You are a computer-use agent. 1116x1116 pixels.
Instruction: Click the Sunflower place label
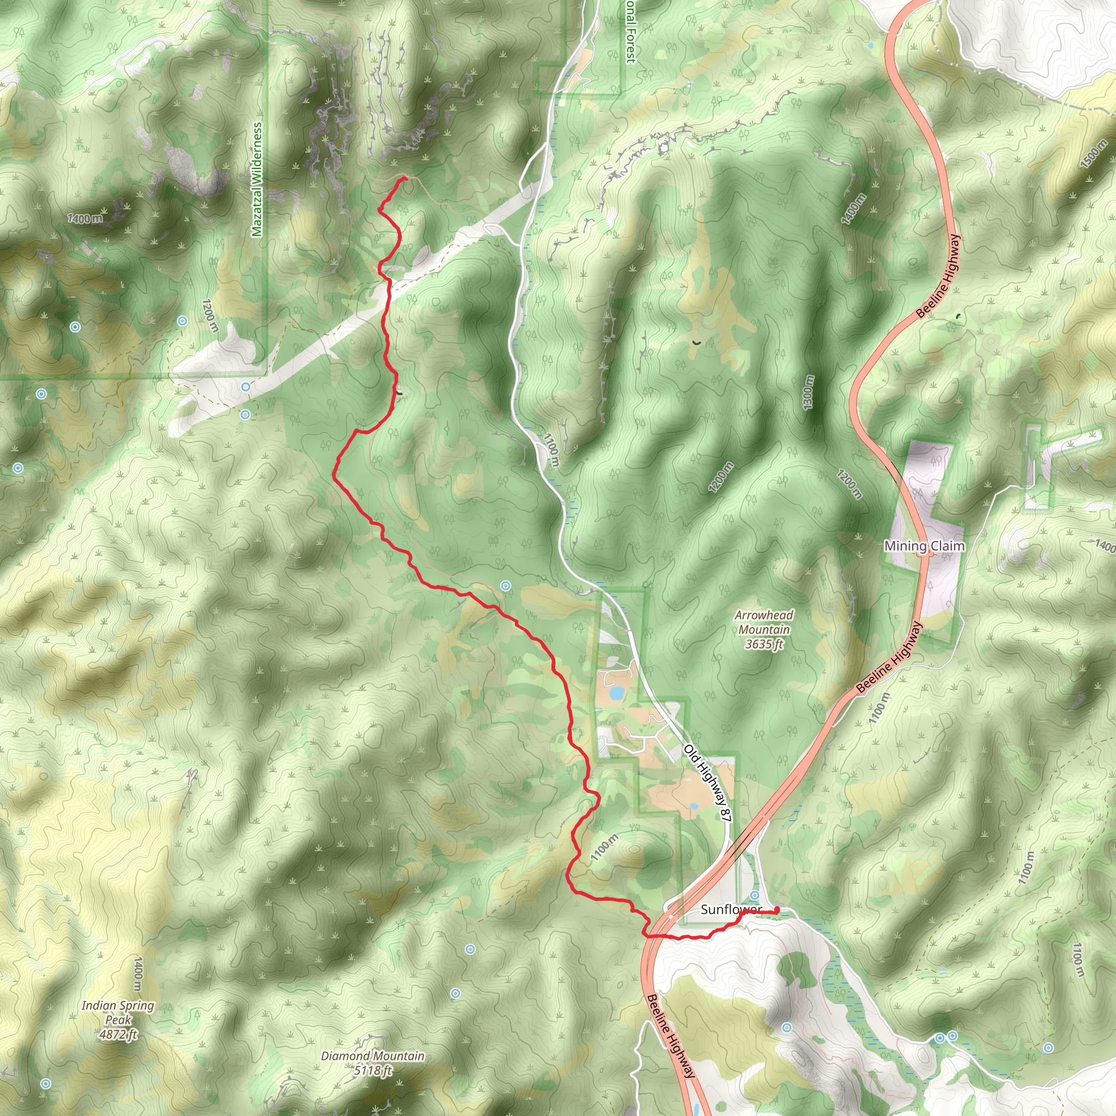pyautogui.click(x=731, y=910)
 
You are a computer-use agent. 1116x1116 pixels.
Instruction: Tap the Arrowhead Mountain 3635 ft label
pyautogui.click(x=763, y=629)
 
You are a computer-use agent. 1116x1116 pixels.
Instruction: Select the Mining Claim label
pyautogui.click(x=924, y=546)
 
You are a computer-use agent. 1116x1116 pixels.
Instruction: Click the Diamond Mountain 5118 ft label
pyautogui.click(x=373, y=1063)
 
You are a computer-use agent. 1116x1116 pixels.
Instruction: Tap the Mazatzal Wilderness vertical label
pyautogui.click(x=257, y=179)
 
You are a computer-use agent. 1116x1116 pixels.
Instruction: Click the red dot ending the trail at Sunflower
pyautogui.click(x=777, y=911)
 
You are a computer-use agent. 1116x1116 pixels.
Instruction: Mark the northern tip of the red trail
pyautogui.click(x=405, y=179)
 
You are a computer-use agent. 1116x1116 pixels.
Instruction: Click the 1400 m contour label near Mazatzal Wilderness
pyautogui.click(x=85, y=219)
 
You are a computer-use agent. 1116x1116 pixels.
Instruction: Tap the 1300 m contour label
pyautogui.click(x=808, y=393)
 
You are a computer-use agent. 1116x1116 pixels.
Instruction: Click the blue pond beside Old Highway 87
pyautogui.click(x=616, y=692)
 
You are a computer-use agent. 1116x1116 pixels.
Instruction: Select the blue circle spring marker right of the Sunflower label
pyautogui.click(x=755, y=895)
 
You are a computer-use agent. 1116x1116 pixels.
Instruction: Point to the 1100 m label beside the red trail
pyautogui.click(x=604, y=848)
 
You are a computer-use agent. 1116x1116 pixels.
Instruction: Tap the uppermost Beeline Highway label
pyautogui.click(x=938, y=276)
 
